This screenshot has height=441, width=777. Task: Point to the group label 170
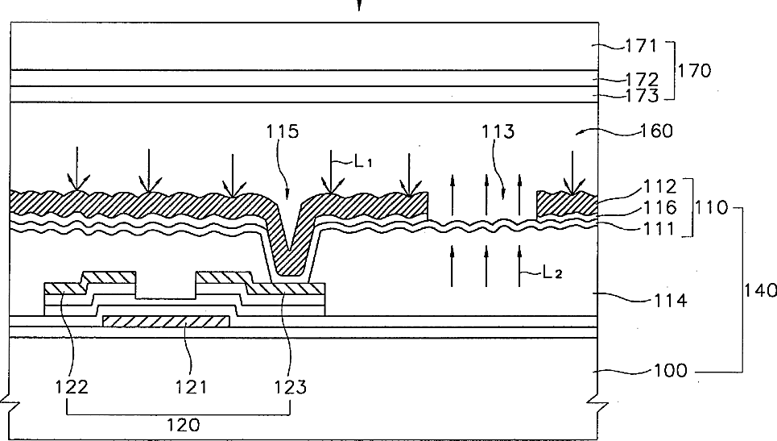coord(694,71)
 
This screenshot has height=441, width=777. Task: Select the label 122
coord(72,386)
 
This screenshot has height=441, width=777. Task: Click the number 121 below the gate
coord(191,386)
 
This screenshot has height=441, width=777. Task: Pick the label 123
coord(290,386)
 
